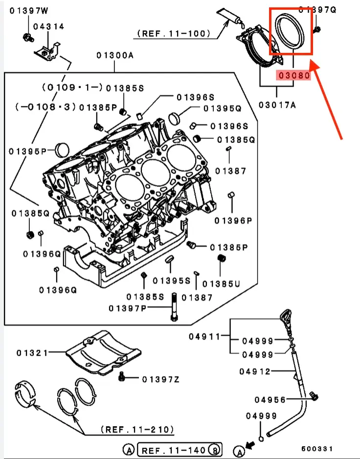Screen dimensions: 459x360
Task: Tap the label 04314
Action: tap(49, 27)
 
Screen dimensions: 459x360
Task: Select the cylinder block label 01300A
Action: tap(114, 56)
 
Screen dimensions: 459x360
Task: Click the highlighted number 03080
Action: tap(293, 76)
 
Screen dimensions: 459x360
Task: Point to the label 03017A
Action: tap(277, 104)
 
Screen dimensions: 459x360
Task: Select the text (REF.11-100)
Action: tap(174, 34)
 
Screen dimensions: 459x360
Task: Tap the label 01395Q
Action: tap(223, 108)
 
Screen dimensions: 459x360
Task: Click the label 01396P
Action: tap(233, 221)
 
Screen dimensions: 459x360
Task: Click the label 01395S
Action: tap(171, 281)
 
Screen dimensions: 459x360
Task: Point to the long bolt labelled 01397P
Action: tap(174, 307)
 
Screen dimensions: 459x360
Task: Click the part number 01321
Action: tap(32, 352)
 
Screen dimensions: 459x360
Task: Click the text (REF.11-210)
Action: tap(137, 430)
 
